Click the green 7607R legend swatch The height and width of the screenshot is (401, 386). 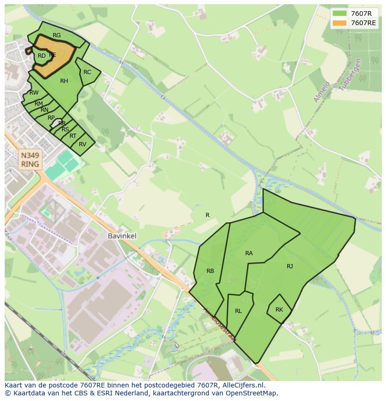pos(340,14)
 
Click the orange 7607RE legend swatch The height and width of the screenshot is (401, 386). pos(340,23)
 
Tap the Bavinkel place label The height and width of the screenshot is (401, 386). pos(122,236)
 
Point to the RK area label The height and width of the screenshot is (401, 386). pos(279,310)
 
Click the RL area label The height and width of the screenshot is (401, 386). pos(238,311)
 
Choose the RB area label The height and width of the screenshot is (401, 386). pos(210,271)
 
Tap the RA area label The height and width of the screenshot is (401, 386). pos(249,253)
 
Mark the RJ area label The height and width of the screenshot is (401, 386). pos(290,266)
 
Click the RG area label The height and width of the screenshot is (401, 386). pos(57,35)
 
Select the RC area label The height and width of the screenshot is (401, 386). pos(87,72)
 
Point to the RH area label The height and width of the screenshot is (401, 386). pos(64,81)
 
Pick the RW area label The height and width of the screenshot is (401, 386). pos(34,93)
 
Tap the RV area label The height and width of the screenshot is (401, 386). pos(83,144)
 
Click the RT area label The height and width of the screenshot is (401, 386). pos(73,136)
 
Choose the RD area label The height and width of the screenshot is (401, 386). pos(42,56)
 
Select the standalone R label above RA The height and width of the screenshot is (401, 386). pos(207,215)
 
